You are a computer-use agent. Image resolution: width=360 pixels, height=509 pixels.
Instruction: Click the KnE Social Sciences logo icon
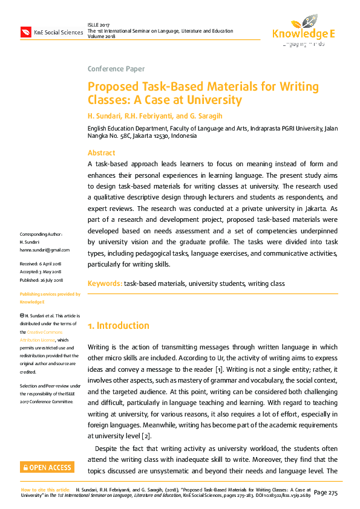25,31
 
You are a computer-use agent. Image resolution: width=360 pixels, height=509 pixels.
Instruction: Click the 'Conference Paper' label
116,68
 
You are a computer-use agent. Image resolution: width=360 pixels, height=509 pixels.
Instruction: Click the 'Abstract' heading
101,153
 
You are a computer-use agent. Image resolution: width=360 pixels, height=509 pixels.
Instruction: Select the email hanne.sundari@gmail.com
45,250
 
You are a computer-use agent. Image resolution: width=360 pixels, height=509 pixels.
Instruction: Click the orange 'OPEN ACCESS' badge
47,467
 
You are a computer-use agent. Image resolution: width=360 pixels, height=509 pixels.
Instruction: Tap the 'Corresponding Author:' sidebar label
41,234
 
